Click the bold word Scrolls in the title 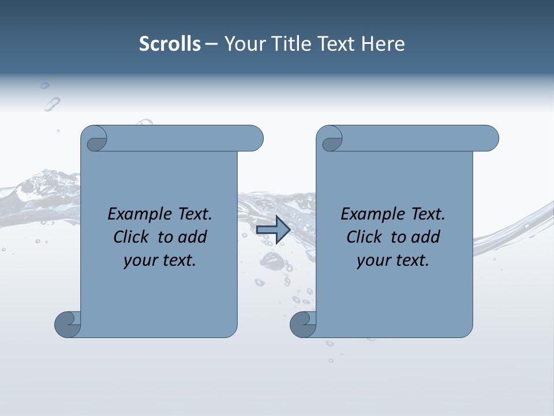[170, 43]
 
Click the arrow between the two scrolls [273, 230]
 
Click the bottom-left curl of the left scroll [68, 324]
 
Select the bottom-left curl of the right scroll [303, 324]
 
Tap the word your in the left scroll [138, 261]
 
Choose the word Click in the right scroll [365, 237]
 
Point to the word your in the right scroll [372, 261]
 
